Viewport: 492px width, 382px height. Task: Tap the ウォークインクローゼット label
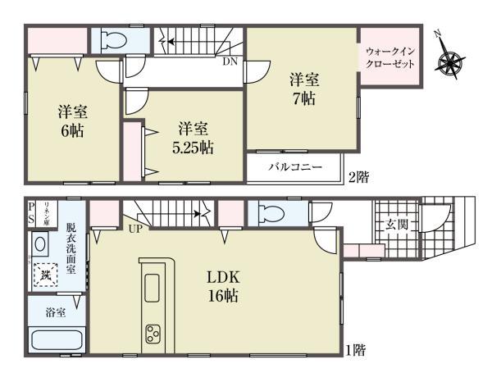390,57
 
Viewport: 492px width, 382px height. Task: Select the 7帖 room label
303,89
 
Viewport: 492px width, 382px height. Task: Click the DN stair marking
229,61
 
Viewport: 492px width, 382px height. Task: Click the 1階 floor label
355,350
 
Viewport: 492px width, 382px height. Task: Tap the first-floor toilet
271,212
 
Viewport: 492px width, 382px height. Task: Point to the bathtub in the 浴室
55,339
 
